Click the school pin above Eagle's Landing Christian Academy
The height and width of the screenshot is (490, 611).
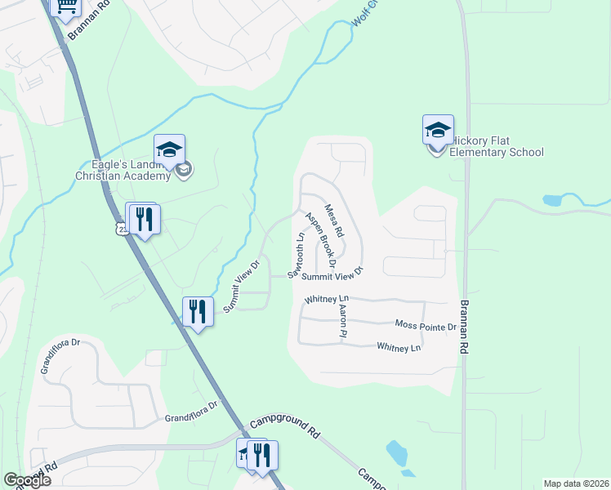(x=169, y=149)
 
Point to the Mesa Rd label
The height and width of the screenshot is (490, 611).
(x=334, y=221)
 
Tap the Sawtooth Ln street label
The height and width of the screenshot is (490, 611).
(x=296, y=254)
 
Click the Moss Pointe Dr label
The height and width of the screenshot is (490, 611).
(x=425, y=326)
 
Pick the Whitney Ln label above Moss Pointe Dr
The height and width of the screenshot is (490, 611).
(x=327, y=300)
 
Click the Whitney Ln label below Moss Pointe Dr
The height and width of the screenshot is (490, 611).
(x=399, y=347)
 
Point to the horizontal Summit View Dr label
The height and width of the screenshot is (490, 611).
(x=332, y=276)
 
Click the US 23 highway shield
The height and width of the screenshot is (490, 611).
(x=123, y=230)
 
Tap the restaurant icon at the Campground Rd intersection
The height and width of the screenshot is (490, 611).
(x=262, y=454)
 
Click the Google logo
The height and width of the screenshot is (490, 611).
(x=27, y=480)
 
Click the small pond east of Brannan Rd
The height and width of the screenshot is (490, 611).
(x=552, y=200)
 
